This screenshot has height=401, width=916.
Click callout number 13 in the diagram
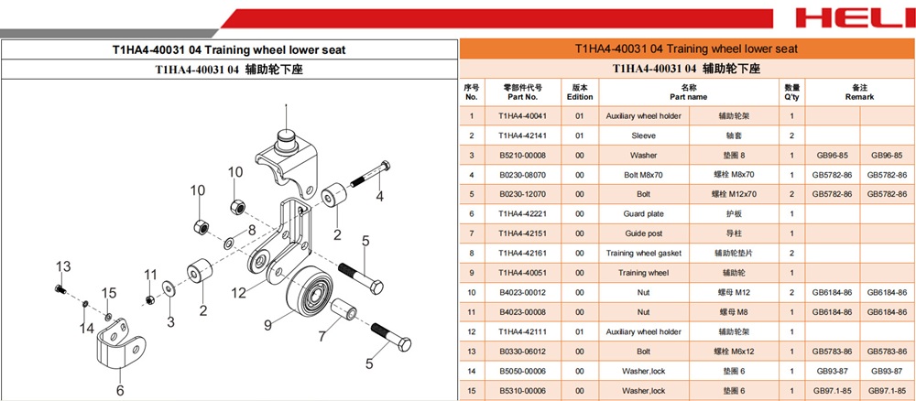coord(62,266)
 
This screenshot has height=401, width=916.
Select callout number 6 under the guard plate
coord(119,389)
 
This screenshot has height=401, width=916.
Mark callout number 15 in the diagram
coord(109,293)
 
